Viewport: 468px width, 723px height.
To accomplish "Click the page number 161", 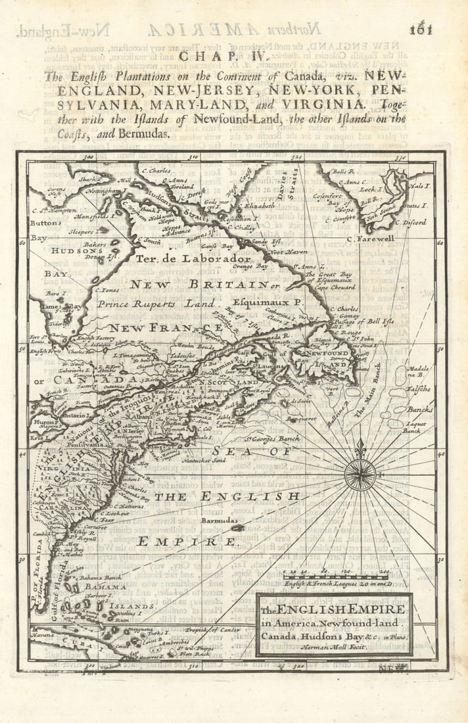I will pyautogui.click(x=421, y=29).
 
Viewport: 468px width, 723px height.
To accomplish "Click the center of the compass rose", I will pyautogui.click(x=360, y=474).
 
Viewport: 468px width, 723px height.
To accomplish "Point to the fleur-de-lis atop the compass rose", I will pyautogui.click(x=360, y=449).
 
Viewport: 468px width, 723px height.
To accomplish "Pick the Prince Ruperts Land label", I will pyautogui.click(x=156, y=304).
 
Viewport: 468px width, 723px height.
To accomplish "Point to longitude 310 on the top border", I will pyautogui.click(x=193, y=158).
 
